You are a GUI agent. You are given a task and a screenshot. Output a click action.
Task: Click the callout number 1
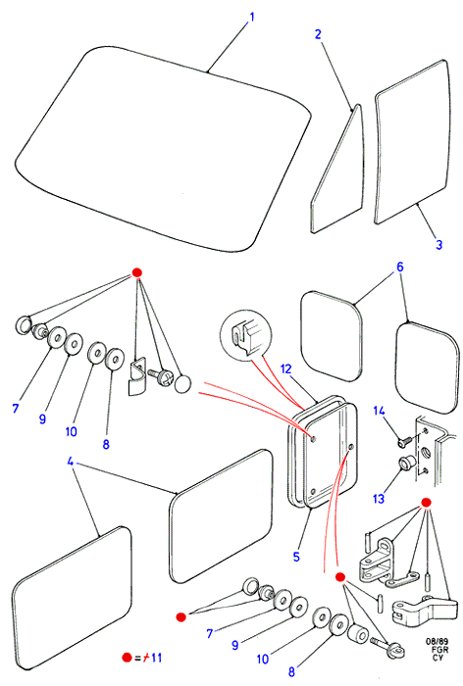click(252, 18)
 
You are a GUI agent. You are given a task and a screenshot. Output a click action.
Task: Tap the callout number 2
click(319, 34)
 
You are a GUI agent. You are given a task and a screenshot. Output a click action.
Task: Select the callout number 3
click(438, 245)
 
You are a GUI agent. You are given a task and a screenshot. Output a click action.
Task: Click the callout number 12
click(285, 369)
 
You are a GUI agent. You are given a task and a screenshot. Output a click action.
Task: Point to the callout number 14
click(380, 411)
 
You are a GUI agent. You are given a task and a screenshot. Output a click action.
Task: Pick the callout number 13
click(379, 498)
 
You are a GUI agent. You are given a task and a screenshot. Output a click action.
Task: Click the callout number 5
click(296, 557)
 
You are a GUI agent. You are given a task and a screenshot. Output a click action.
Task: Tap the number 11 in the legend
click(156, 658)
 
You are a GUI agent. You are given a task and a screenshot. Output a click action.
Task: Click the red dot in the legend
click(127, 658)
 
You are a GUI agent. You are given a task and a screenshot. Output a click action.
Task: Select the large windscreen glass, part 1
click(162, 149)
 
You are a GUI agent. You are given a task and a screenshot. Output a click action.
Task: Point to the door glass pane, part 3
click(413, 142)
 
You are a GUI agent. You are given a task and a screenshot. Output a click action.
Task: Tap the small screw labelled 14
click(404, 441)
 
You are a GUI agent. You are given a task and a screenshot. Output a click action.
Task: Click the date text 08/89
click(437, 641)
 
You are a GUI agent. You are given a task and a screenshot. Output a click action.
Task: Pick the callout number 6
click(400, 267)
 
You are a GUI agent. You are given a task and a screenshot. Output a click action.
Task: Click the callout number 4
click(70, 462)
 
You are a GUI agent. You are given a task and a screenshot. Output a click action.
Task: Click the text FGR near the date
click(439, 650)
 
